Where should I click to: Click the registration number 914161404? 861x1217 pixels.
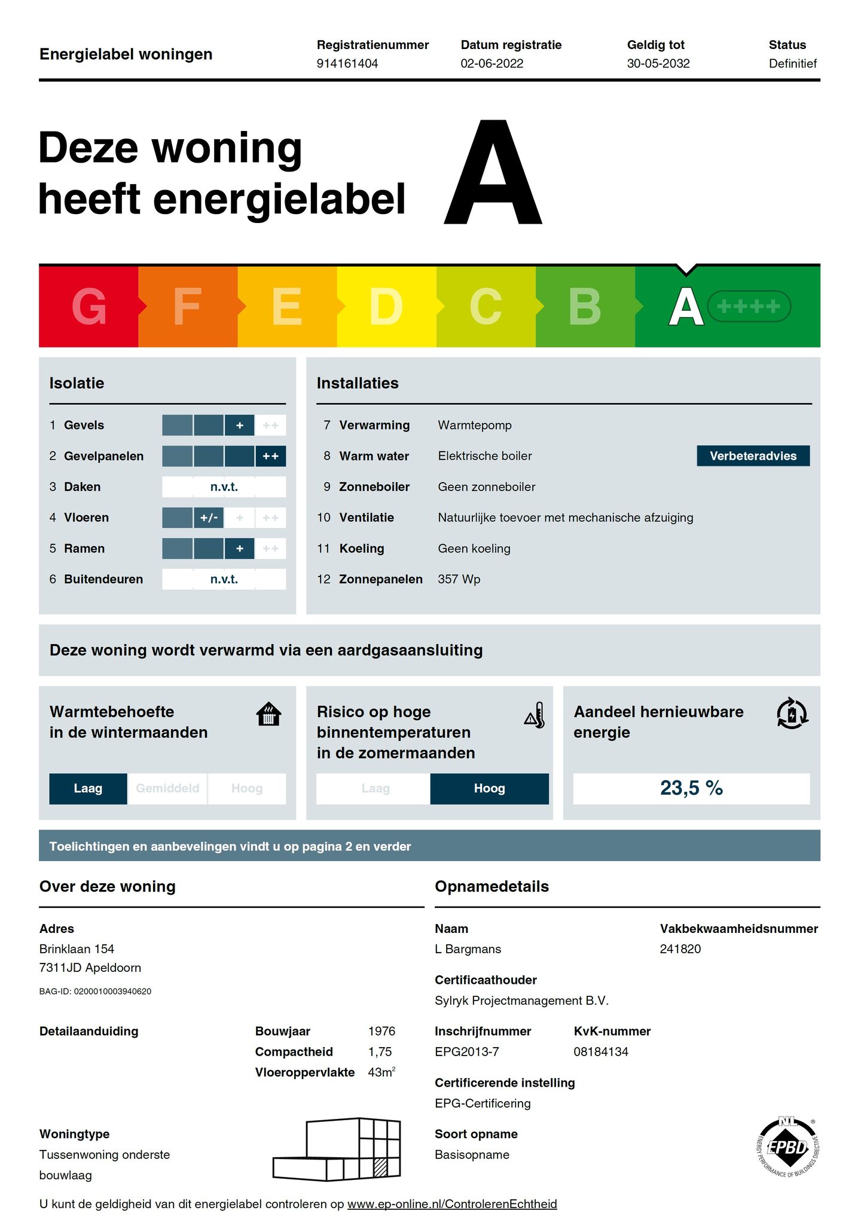coord(347,63)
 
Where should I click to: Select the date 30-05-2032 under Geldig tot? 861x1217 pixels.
coord(658,63)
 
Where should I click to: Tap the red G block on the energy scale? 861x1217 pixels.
coord(88,306)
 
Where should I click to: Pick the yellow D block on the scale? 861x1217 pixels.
coord(386,306)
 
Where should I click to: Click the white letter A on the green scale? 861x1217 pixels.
coord(685,306)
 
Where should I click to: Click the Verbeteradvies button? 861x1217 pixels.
coord(753,456)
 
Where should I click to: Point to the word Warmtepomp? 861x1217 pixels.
coord(474,425)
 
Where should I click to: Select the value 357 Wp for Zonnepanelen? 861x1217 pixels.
coord(459,579)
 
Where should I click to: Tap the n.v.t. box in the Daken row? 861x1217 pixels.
coord(224,487)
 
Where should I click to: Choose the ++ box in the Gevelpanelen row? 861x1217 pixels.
coord(270,456)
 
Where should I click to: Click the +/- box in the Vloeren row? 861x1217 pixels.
coord(209,517)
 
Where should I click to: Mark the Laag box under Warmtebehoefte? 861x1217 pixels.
coord(88,788)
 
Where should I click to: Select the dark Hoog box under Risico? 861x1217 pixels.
coord(489,788)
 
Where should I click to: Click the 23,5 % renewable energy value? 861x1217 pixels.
coord(691,788)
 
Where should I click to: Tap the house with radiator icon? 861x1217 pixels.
coord(268,714)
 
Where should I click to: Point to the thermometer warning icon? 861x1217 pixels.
coord(535,715)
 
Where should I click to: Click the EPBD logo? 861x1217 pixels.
coord(787,1147)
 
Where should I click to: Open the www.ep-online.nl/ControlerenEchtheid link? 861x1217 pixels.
coord(451,1204)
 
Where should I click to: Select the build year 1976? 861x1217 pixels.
coord(381,1031)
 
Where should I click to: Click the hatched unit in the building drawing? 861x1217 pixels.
coord(380,1168)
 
